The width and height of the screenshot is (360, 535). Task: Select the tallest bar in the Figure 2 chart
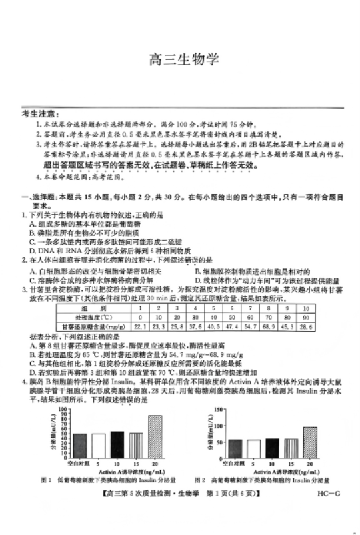pos(310,441)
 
